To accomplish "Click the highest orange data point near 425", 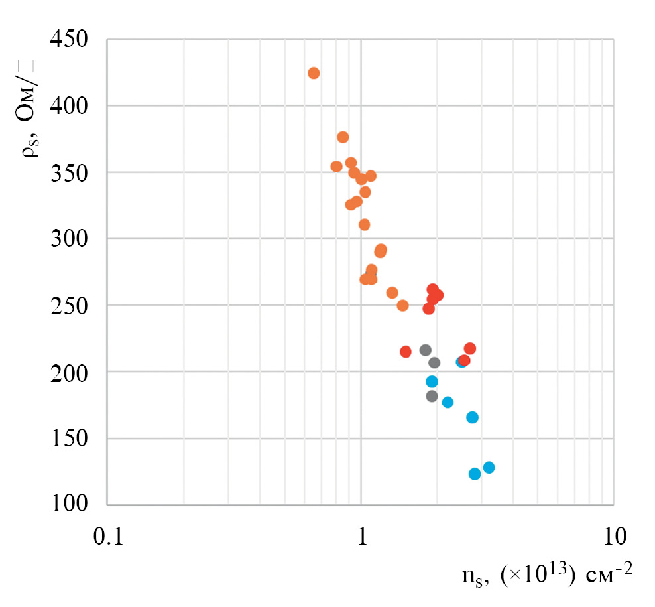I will [x=314, y=73].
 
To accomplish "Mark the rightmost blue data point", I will [x=489, y=468].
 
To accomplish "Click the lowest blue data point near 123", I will [x=475, y=474].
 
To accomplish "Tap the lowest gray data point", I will [x=432, y=396].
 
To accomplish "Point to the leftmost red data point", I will [x=406, y=352].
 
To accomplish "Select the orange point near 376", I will [x=343, y=137].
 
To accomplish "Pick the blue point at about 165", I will [x=472, y=417].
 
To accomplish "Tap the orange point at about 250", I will [x=402, y=306].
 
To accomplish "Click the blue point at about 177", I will [x=447, y=402].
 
